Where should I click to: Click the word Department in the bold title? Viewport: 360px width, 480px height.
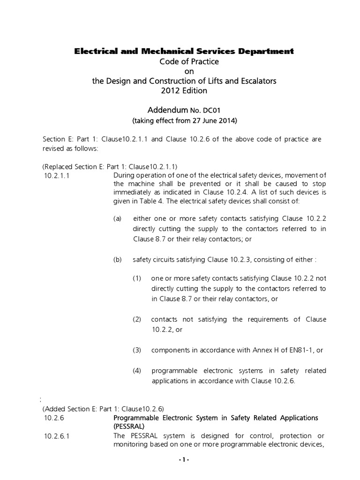(x=265, y=51)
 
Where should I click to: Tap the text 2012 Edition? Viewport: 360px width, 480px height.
(x=184, y=90)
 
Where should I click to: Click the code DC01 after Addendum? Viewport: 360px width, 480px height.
(x=211, y=111)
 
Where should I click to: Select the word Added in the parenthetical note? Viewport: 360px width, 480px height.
(x=56, y=408)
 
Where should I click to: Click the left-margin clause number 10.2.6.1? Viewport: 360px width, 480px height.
(x=59, y=436)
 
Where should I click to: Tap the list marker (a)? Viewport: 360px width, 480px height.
(x=118, y=219)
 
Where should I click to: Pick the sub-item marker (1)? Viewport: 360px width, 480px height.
(x=137, y=278)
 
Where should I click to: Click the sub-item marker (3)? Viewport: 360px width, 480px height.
(x=137, y=350)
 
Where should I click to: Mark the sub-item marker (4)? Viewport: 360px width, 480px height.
(x=137, y=371)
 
